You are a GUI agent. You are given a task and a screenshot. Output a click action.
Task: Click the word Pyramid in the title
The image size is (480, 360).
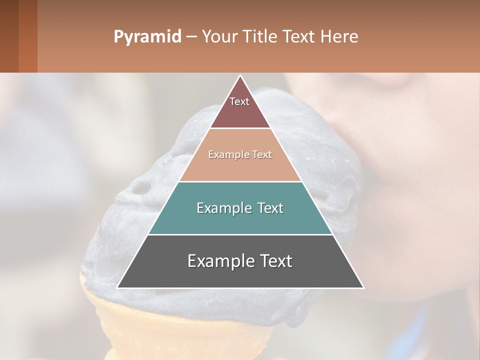click(147, 37)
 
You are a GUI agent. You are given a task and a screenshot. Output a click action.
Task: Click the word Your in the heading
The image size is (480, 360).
click(219, 37)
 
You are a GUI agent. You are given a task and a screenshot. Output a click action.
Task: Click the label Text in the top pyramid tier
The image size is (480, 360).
click(239, 101)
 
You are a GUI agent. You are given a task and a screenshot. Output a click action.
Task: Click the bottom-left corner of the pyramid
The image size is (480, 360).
click(118, 287)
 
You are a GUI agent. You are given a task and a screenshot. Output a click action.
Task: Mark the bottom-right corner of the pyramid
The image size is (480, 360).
click(363, 287)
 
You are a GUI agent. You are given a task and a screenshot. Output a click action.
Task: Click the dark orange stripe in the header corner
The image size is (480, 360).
click(28, 36)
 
